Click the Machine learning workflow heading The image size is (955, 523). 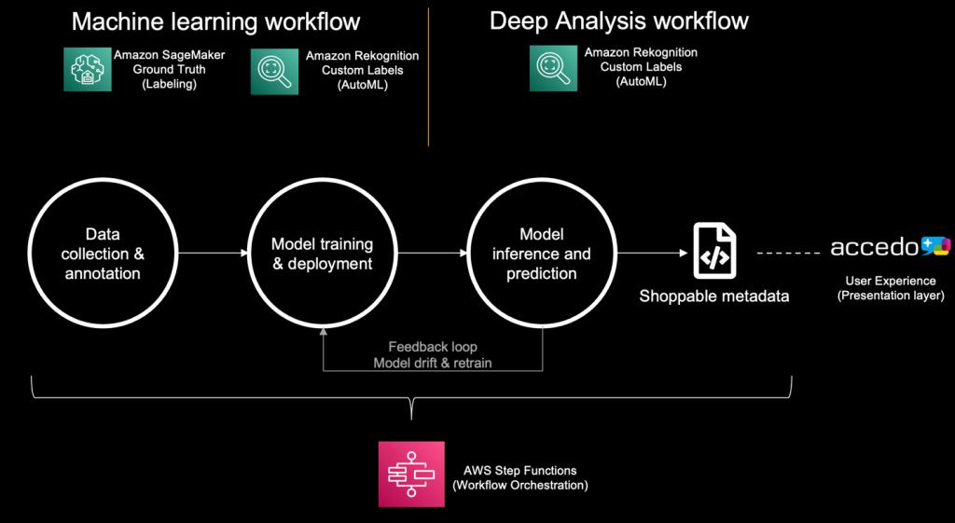click(215, 21)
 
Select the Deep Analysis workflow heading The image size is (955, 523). click(619, 21)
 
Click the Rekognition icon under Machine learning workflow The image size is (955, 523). click(274, 71)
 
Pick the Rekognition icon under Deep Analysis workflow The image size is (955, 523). click(554, 69)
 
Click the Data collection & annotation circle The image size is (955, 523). click(103, 255)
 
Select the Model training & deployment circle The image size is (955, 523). click(322, 255)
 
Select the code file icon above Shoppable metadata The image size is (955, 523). click(713, 251)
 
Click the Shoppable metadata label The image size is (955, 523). click(713, 296)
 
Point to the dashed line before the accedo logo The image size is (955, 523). click(789, 253)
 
